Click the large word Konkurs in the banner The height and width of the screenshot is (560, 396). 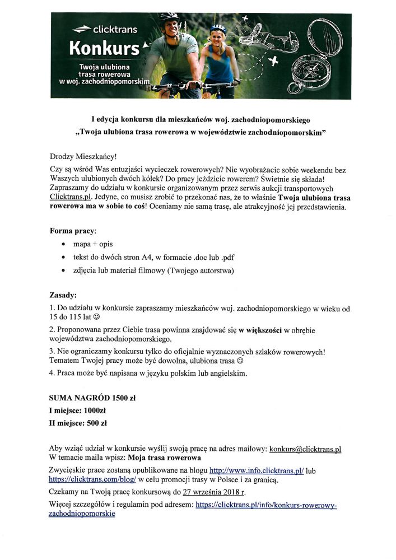click(104, 49)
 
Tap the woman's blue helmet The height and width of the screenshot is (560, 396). click(218, 28)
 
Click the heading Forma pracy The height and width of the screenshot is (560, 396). click(73, 231)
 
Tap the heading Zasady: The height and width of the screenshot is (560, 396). click(63, 295)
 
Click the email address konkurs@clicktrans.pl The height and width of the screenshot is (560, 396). click(305, 449)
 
